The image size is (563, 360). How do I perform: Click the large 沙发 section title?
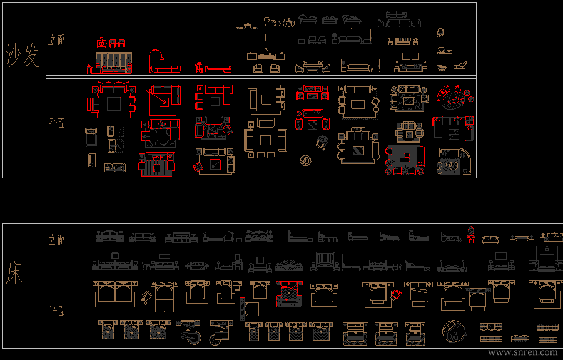pos(23,56)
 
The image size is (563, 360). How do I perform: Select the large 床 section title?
pos(14,272)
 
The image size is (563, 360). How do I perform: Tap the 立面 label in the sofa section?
pos(57,40)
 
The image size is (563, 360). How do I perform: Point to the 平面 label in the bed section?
pos(57,311)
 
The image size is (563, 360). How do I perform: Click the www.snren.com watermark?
pos(522,352)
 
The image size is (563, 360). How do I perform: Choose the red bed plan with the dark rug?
pos(288,293)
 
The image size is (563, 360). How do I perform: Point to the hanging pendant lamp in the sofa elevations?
pos(266,44)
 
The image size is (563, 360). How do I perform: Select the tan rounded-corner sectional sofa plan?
pos(454,162)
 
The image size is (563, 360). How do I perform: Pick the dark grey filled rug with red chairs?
pos(405,160)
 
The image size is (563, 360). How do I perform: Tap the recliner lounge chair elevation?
pos(462,65)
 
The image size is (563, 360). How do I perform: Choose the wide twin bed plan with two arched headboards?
pos(114,292)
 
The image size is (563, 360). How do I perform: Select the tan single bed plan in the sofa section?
pos(91,136)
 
